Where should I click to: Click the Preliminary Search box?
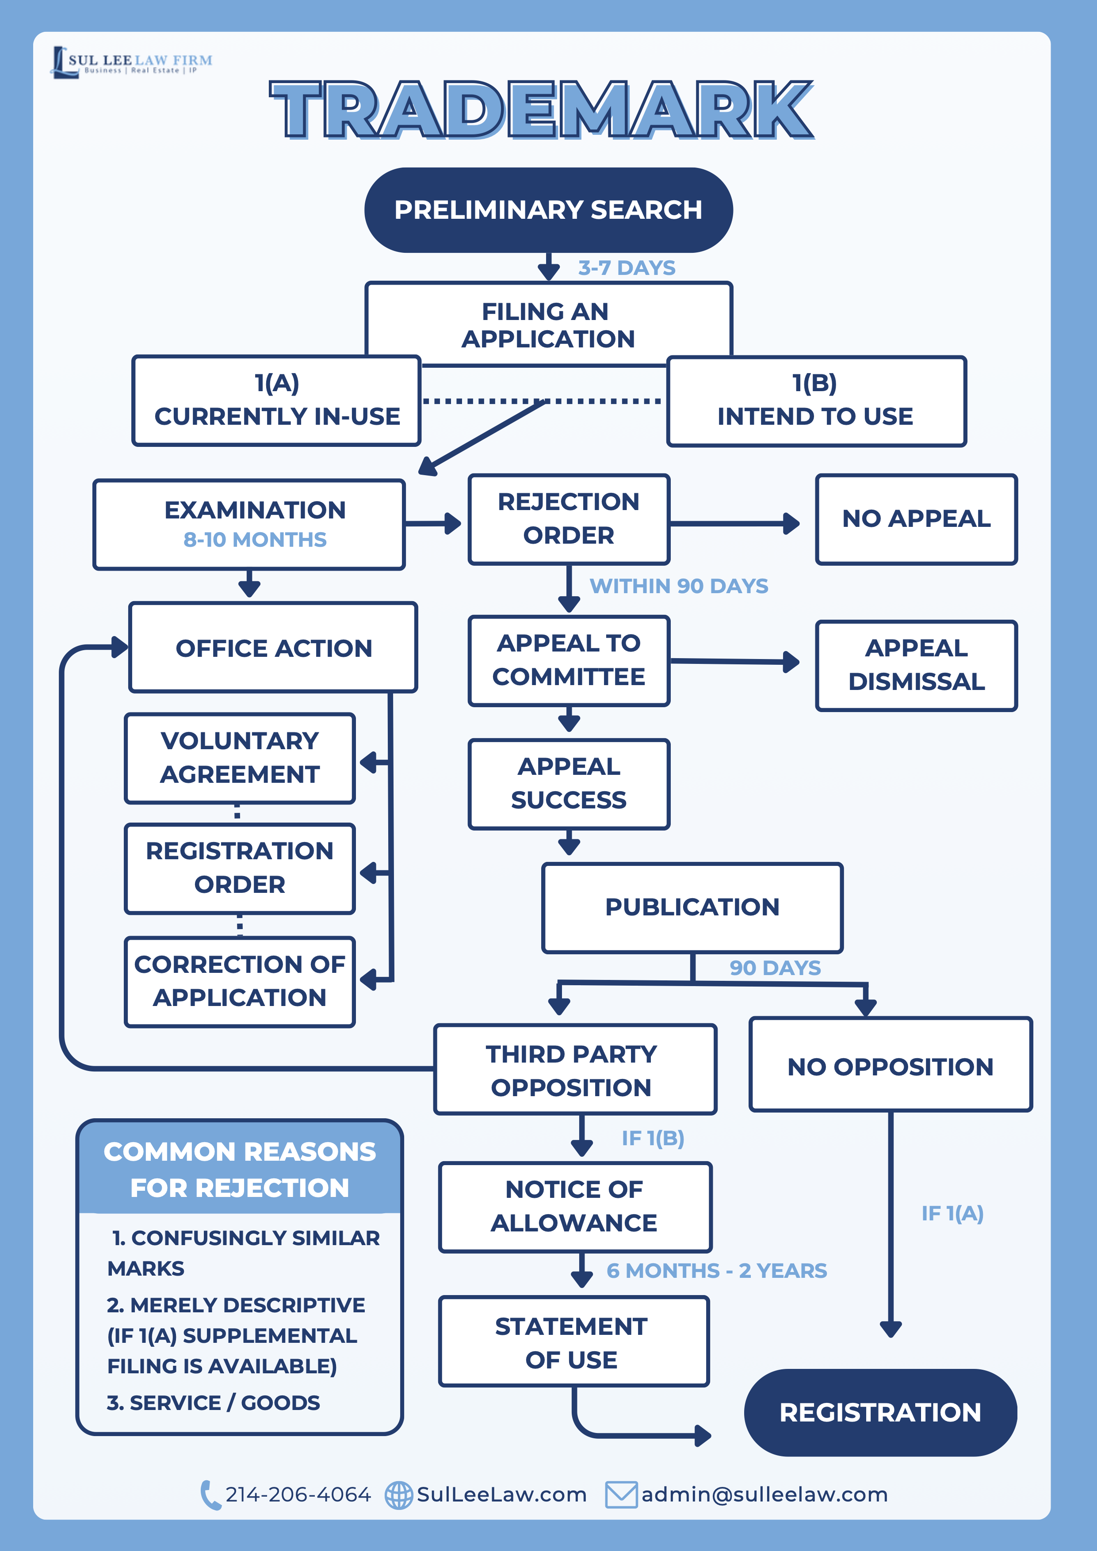click(548, 210)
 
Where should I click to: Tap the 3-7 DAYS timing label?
click(626, 268)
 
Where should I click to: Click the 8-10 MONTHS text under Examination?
click(255, 540)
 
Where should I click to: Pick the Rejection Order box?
click(569, 519)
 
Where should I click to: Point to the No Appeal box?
click(916, 519)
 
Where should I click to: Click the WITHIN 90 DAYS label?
click(679, 586)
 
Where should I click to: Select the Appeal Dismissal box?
click(916, 665)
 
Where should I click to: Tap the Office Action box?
click(273, 648)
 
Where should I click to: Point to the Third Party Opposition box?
click(574, 1070)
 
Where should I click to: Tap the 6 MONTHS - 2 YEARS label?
click(716, 1271)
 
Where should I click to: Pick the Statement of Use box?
click(573, 1342)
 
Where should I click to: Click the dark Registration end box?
click(880, 1413)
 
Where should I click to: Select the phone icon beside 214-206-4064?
click(210, 1495)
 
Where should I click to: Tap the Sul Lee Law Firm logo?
click(133, 62)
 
